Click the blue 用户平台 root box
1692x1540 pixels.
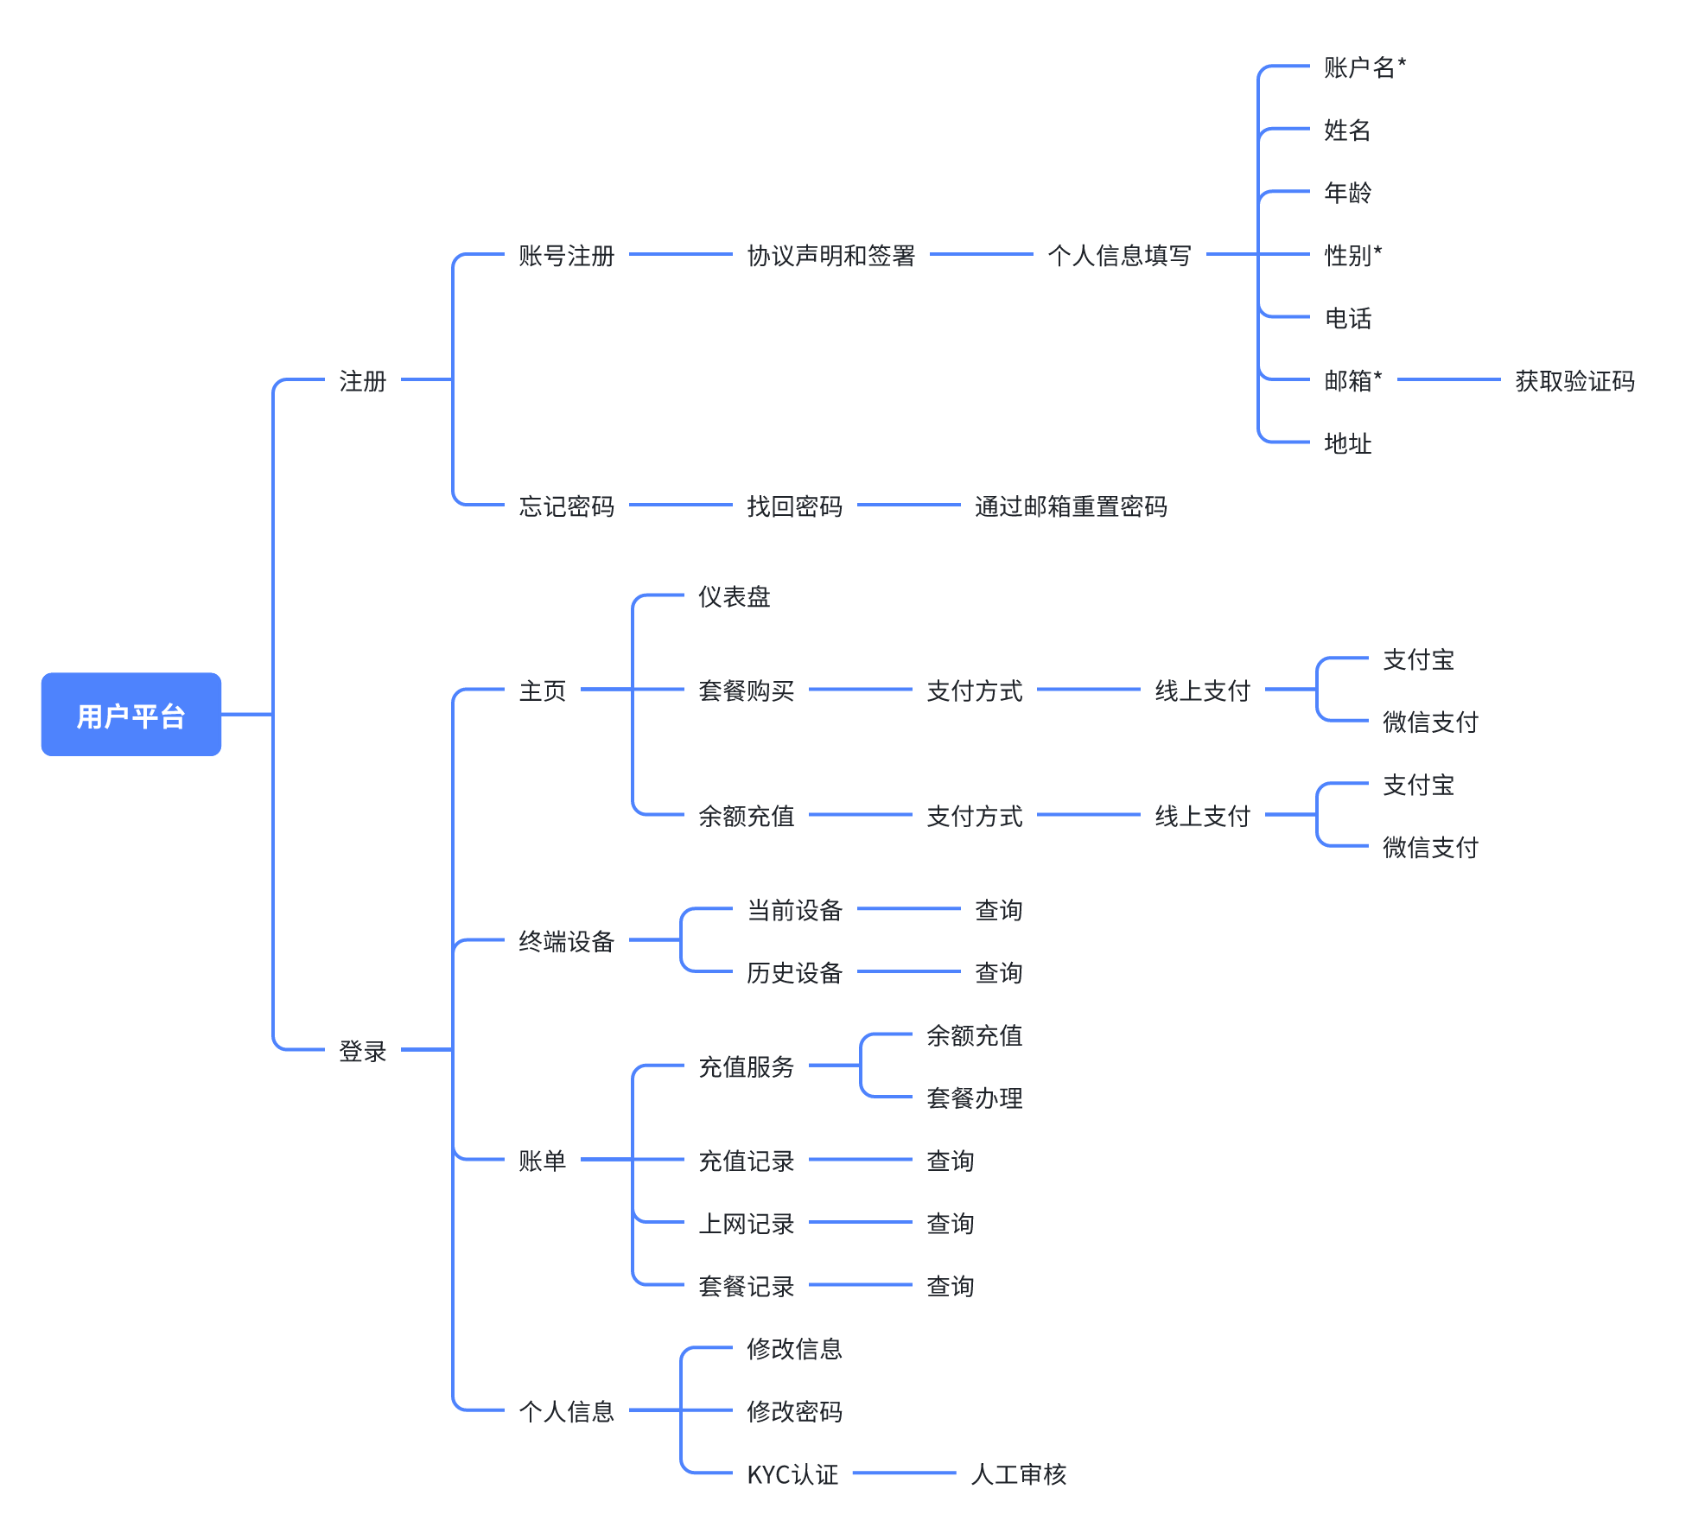131,715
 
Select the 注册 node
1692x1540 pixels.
362,380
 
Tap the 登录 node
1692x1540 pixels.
362,1051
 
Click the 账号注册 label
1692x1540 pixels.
566,256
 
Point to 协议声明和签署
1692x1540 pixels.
830,256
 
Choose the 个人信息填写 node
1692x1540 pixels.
1119,256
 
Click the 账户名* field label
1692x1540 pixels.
1364,67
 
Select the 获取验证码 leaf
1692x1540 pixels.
1574,381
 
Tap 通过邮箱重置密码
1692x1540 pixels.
1071,506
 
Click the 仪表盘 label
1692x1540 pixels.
734,597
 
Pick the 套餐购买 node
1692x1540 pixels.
746,690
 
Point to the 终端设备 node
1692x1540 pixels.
566,941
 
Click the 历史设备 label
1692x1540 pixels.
794,973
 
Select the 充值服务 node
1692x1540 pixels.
746,1067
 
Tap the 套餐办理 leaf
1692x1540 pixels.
974,1098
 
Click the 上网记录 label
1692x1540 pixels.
746,1224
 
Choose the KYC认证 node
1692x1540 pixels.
792,1474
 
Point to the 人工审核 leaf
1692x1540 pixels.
1019,1474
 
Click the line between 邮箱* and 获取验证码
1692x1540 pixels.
1448,379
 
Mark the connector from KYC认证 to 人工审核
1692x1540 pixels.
904,1473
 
